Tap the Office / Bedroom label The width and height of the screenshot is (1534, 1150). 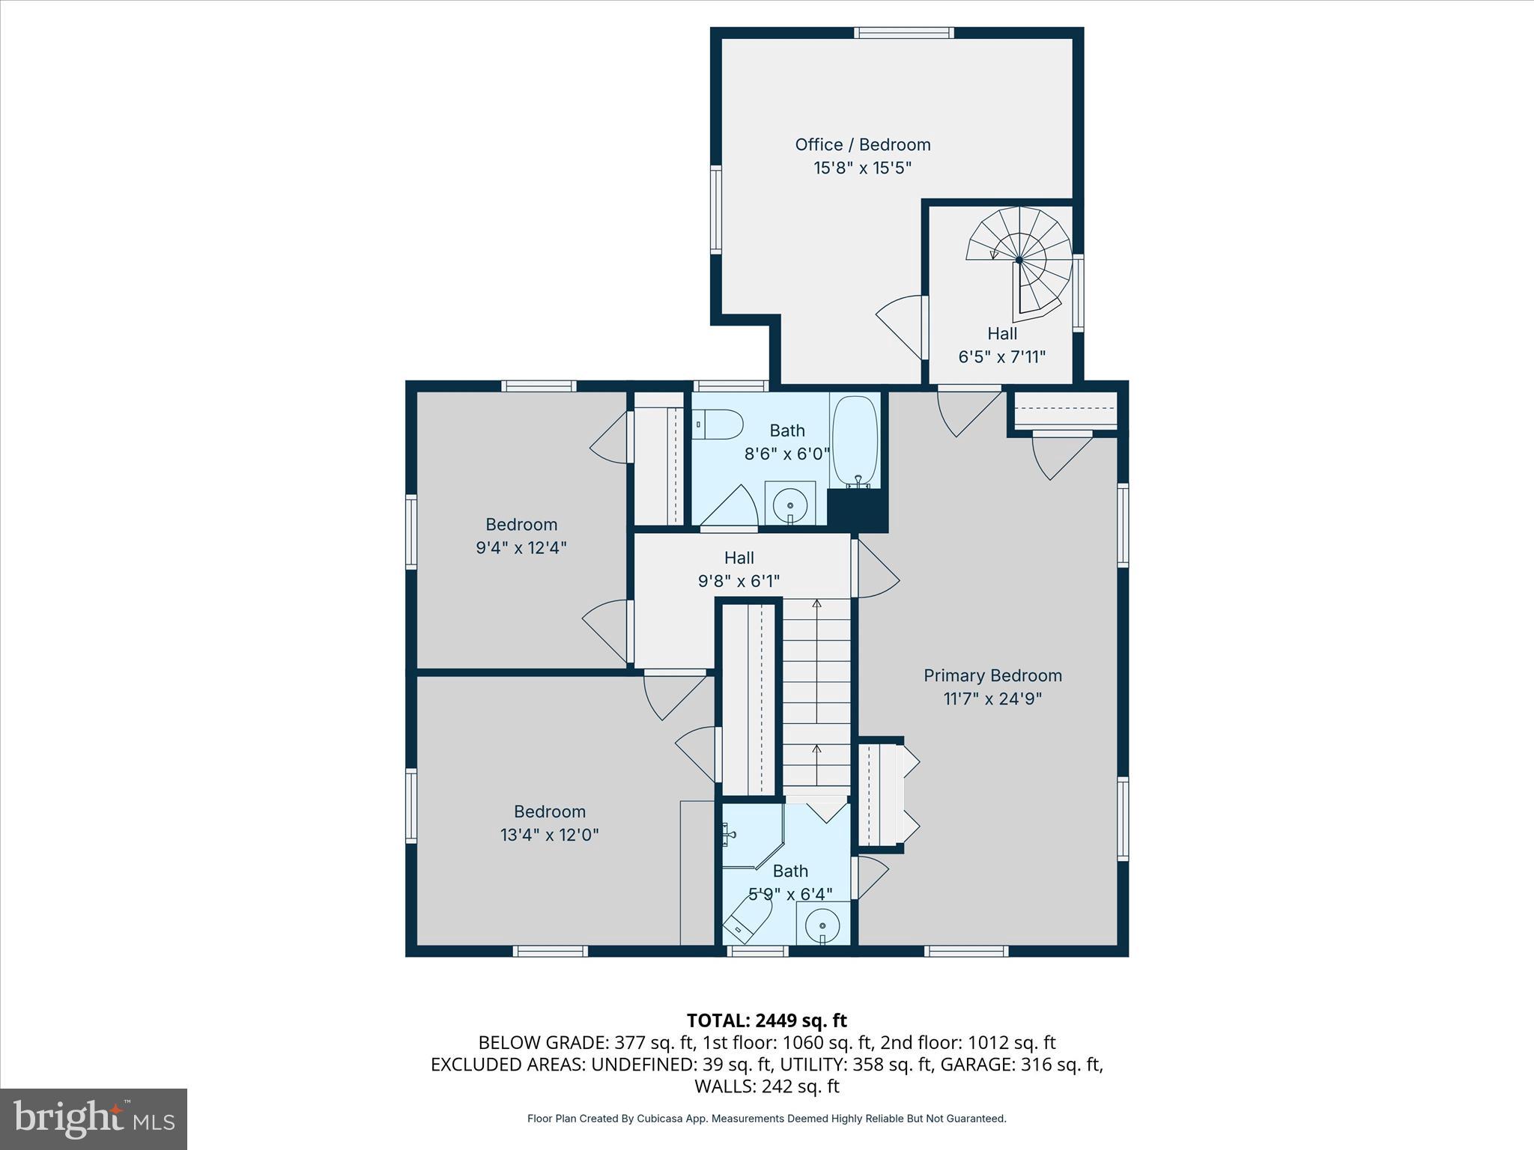tap(862, 144)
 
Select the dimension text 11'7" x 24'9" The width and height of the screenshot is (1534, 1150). tap(992, 699)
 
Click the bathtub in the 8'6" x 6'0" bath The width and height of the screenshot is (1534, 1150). tap(854, 440)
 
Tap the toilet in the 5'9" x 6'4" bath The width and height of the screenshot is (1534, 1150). tap(748, 919)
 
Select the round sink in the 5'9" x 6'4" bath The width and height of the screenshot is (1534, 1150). tap(822, 925)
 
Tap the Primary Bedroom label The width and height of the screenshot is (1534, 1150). tap(992, 675)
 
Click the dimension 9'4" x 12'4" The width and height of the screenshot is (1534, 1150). tap(521, 547)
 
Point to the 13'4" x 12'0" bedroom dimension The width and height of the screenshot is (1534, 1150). tap(549, 835)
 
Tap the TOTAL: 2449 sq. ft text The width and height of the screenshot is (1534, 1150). tap(766, 1020)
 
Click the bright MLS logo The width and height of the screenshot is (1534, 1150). tap(94, 1119)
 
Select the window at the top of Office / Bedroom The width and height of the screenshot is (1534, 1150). tap(904, 32)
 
